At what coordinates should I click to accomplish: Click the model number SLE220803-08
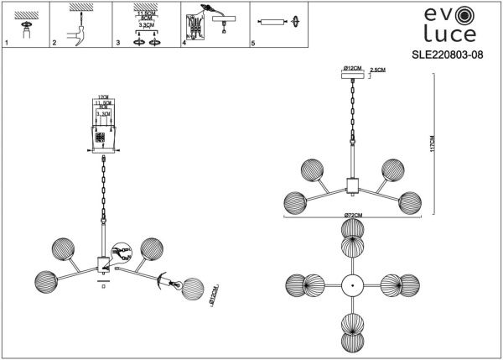point(443,56)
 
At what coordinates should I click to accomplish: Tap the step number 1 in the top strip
point(6,42)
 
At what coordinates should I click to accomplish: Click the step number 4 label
point(183,42)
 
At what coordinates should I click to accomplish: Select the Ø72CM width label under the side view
point(353,217)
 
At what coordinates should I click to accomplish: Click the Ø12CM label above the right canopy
point(351,65)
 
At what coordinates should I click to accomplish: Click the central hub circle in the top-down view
point(353,284)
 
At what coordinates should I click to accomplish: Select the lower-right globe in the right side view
point(409,201)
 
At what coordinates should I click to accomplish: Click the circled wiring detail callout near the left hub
point(122,252)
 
